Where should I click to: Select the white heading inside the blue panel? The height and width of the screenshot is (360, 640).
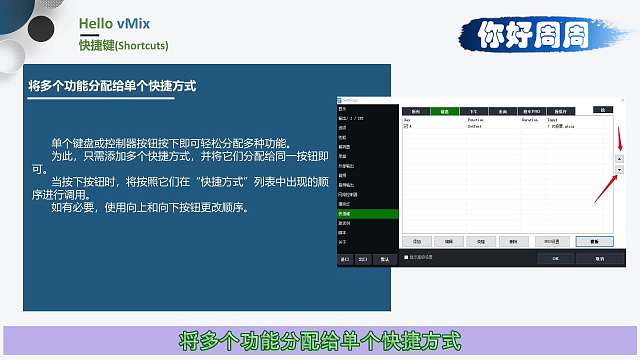[x=111, y=86]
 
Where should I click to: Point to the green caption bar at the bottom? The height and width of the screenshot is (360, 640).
[x=320, y=338]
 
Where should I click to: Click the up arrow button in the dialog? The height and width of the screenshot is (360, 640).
[x=618, y=159]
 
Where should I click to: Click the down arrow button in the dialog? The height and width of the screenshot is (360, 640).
[x=618, y=170]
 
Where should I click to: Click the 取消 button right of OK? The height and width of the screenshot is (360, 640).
[x=597, y=257]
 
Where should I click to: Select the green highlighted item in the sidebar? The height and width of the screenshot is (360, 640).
[x=367, y=213]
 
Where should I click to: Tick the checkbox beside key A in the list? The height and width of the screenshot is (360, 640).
[x=405, y=127]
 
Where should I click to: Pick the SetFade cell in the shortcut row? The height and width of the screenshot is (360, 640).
[x=476, y=127]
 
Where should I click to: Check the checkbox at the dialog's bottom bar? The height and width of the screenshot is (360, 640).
[x=405, y=257]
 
